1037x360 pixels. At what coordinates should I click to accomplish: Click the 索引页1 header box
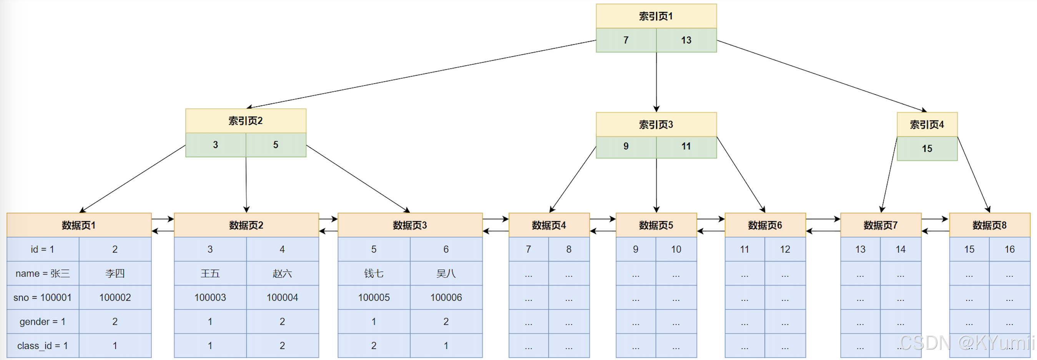point(656,16)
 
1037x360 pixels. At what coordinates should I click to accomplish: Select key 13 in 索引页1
point(686,40)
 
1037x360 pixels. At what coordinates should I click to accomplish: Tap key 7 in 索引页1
point(626,40)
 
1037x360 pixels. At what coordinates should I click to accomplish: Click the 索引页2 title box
point(246,121)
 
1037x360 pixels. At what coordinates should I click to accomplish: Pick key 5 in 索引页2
point(276,145)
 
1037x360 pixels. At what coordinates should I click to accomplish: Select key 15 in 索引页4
point(927,148)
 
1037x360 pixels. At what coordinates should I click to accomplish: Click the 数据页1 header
point(79,225)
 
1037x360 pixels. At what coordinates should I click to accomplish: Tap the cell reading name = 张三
point(43,273)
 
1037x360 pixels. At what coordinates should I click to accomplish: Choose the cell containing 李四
point(115,273)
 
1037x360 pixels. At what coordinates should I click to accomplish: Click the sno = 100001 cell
point(43,298)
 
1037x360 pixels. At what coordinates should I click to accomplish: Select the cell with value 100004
point(282,298)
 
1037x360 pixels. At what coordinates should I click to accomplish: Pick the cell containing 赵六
point(282,273)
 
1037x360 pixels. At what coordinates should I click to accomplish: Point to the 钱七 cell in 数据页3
point(374,273)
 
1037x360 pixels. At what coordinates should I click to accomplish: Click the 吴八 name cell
point(446,273)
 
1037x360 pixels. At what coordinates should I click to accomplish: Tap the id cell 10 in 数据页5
point(676,249)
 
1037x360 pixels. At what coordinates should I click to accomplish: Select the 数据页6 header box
point(765,225)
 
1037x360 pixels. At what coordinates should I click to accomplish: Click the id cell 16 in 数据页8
point(1010,249)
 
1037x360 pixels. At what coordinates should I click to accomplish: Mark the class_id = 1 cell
point(43,345)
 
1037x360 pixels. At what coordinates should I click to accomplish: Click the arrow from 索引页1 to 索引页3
point(656,82)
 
